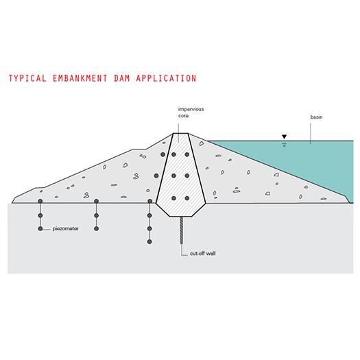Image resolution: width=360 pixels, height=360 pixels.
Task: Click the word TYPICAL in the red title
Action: (x=27, y=78)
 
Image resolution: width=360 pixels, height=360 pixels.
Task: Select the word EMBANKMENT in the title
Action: (x=80, y=78)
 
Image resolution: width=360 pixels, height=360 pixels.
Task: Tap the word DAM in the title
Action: (x=122, y=78)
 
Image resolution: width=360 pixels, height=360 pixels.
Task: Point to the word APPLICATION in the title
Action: (x=166, y=78)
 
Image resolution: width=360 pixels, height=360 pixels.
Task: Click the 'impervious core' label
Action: (x=191, y=112)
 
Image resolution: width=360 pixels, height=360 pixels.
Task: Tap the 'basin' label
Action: (x=316, y=117)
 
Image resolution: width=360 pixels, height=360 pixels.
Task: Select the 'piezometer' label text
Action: (x=66, y=228)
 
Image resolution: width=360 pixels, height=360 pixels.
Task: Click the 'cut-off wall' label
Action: (x=203, y=254)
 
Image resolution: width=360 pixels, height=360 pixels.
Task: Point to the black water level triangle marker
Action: (x=285, y=137)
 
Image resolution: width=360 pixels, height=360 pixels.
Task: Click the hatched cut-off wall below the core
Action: (x=182, y=230)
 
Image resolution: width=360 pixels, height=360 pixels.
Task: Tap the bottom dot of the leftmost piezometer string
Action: (x=40, y=228)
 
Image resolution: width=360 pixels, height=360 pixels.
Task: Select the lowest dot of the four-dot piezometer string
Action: (x=149, y=242)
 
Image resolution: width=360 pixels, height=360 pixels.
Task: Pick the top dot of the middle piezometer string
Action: (x=97, y=202)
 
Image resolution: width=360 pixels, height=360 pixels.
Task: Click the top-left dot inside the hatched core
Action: (x=173, y=154)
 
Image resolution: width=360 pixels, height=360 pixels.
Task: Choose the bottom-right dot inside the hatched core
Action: (x=187, y=198)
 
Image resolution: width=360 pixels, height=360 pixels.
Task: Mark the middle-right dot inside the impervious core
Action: (x=187, y=176)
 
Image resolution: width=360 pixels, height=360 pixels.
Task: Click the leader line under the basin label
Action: (x=311, y=134)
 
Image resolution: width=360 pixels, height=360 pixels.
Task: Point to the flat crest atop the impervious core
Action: (x=180, y=133)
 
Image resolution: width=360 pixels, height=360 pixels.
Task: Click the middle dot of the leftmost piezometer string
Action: (x=40, y=215)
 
